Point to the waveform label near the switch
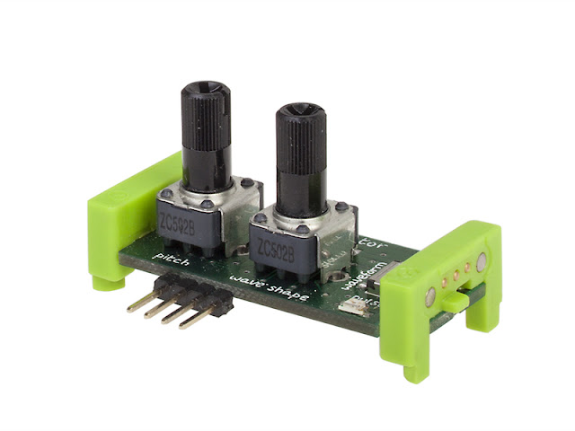click(x=363, y=268)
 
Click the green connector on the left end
click(x=126, y=215)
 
